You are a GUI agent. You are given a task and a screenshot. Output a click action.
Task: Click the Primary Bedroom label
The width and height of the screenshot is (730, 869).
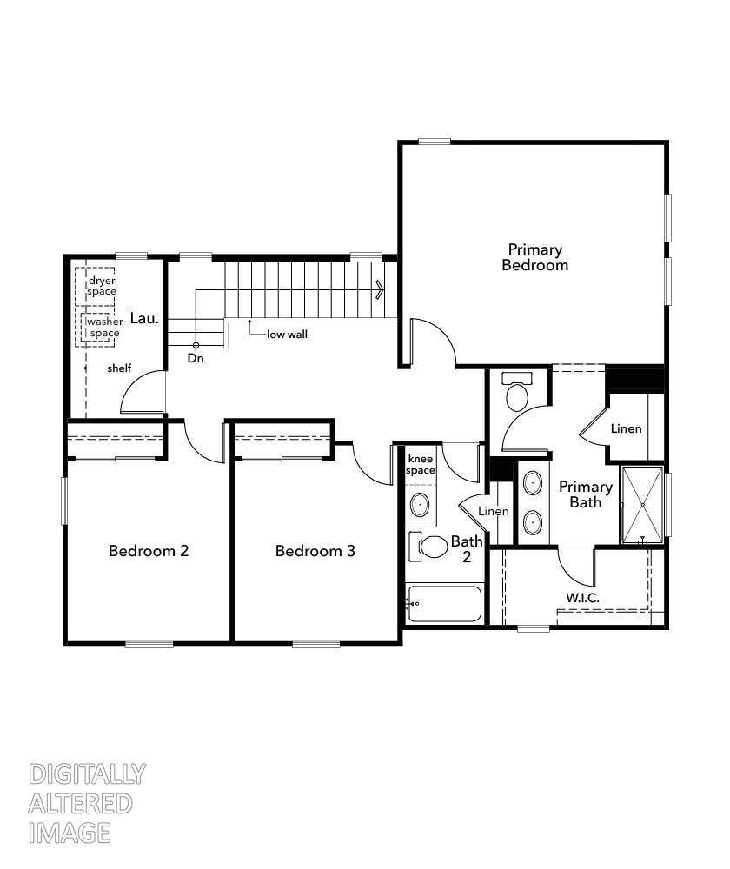(534, 257)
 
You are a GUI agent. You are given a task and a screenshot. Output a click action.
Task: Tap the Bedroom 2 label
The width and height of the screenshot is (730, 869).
(149, 551)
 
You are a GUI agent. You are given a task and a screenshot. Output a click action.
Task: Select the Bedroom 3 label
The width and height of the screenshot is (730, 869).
(315, 551)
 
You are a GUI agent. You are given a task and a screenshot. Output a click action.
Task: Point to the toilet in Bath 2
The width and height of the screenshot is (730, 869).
(428, 547)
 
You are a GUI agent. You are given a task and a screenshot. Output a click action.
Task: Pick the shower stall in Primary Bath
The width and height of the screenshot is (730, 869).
(642, 505)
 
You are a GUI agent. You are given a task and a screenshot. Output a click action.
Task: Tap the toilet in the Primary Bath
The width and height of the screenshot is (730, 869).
(517, 392)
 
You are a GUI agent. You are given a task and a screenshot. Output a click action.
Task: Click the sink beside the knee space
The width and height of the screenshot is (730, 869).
(420, 505)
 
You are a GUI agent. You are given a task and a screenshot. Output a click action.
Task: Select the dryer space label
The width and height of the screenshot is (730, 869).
(102, 286)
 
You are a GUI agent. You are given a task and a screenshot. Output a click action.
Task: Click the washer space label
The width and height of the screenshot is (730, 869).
(104, 327)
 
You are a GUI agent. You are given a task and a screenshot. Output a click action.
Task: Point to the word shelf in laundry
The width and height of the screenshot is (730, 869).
(119, 368)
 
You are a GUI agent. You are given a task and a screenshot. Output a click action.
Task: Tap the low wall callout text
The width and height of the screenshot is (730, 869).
(287, 335)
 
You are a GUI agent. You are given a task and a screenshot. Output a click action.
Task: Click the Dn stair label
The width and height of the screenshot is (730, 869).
(196, 358)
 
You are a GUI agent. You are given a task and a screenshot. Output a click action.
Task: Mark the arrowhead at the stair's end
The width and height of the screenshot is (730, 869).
(380, 289)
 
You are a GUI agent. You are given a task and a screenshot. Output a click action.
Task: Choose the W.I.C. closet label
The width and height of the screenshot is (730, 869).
(582, 598)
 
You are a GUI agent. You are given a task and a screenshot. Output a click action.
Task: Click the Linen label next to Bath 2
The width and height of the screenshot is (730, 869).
(494, 511)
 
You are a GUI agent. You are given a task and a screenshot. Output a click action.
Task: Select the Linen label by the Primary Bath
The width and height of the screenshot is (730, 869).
(627, 428)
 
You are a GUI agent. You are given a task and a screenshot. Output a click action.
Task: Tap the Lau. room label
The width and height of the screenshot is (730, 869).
(144, 318)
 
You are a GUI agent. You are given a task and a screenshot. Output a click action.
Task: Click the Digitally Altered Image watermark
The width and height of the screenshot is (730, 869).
(87, 803)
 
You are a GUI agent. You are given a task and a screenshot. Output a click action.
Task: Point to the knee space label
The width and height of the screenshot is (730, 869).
(420, 464)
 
